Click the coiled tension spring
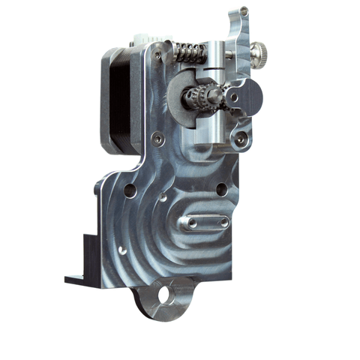coord(190,52)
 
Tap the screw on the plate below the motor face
coord(156,137)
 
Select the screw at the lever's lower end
coord(239,139)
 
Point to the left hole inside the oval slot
coord(192,223)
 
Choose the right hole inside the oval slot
coord(221,223)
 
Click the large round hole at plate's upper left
coord(131,190)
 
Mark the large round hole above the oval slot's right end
coord(221,189)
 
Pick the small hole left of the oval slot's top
coord(163,199)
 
